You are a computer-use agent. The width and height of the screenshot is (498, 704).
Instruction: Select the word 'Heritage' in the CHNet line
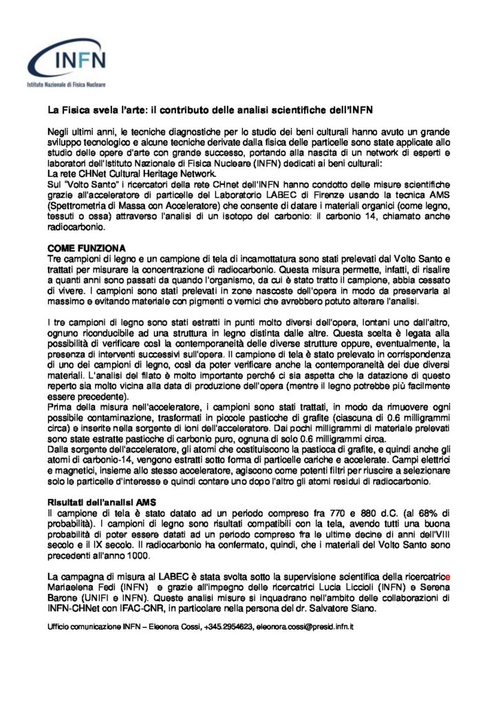pos(149,175)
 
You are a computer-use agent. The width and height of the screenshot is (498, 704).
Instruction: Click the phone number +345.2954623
pos(224,627)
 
